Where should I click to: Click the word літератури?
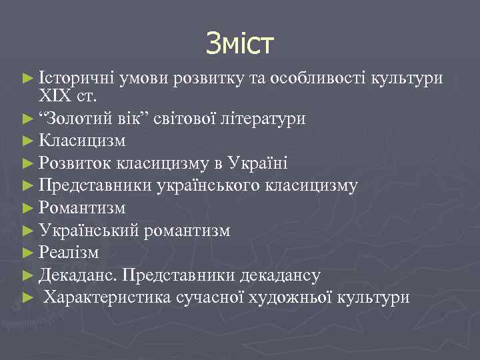click(269, 119)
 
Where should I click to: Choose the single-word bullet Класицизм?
click(82, 141)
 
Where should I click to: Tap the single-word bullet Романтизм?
click(82, 208)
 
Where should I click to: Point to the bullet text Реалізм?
click(69, 253)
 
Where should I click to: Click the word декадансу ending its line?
click(285, 275)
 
